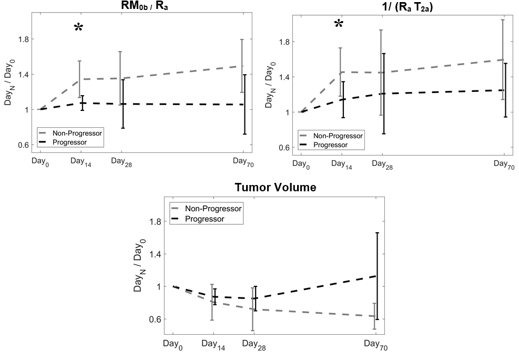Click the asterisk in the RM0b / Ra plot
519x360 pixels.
tap(78, 28)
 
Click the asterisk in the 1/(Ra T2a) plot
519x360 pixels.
tap(339, 24)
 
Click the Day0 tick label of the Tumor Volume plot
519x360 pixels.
tap(174, 344)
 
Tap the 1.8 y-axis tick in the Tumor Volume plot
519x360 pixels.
tap(155, 222)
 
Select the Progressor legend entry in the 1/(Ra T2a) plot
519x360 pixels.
tap(329, 145)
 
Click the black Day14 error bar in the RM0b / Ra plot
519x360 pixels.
tap(83, 103)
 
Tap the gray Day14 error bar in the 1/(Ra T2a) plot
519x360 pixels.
tap(341, 72)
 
